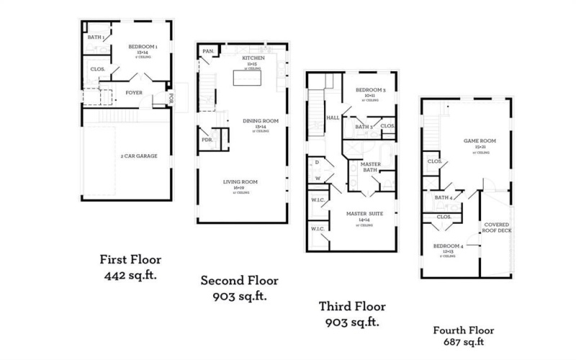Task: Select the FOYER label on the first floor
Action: click(x=134, y=92)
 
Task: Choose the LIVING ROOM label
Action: click(x=240, y=181)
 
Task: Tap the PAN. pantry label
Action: click(x=209, y=51)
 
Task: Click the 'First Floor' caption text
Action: click(x=131, y=260)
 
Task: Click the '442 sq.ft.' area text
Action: click(x=131, y=275)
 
